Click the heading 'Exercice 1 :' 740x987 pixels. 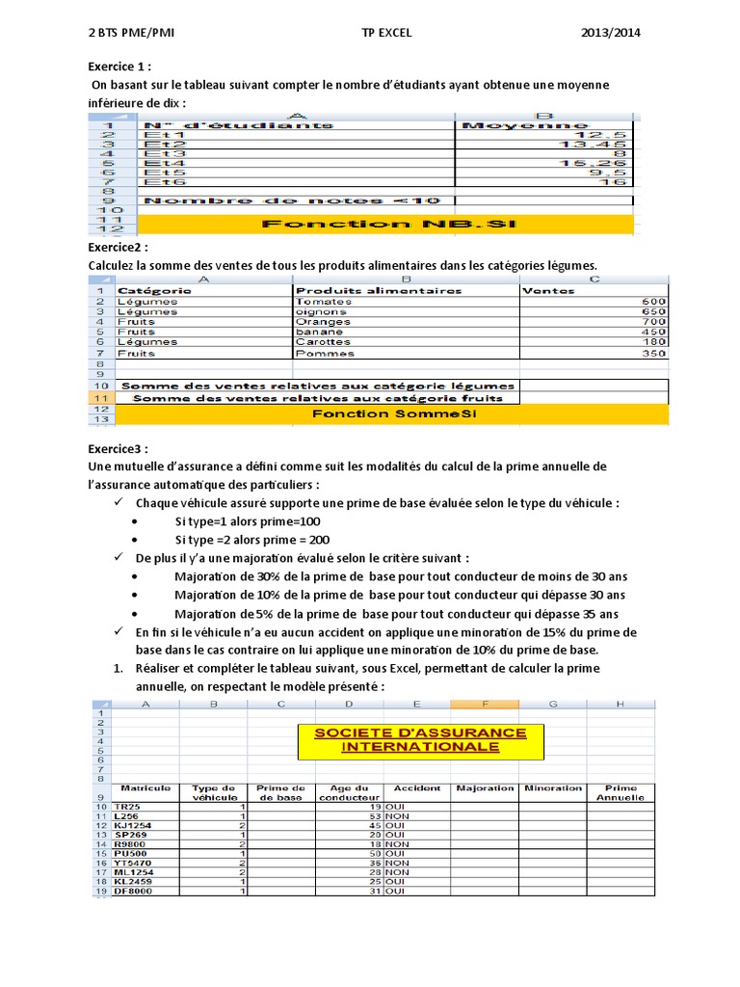tap(114, 67)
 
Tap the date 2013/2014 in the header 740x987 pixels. tap(611, 32)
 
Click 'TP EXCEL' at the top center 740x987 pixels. tap(386, 32)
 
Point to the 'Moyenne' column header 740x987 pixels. tap(525, 124)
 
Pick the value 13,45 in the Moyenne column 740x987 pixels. tap(607, 144)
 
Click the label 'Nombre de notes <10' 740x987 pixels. tap(290, 200)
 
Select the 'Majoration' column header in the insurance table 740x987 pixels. tap(485, 787)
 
